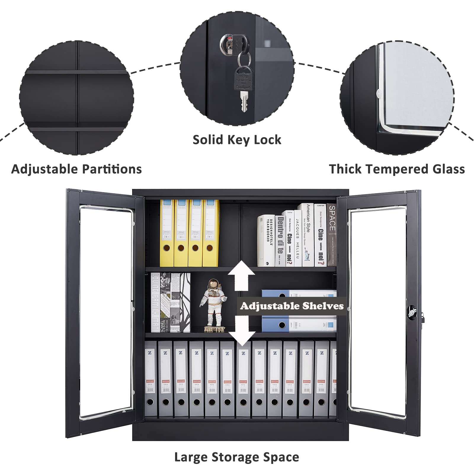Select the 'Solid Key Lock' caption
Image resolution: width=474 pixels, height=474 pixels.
click(x=237, y=140)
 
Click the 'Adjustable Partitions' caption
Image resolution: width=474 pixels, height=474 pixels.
click(x=76, y=169)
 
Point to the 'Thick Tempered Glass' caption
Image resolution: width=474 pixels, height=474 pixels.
click(x=397, y=169)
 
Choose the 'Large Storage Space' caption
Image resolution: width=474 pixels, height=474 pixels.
click(x=236, y=457)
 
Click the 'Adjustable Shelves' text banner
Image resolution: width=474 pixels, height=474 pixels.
click(x=292, y=306)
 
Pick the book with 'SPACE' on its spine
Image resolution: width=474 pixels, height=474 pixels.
click(x=332, y=234)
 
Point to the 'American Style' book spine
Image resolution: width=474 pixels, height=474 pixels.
click(x=308, y=234)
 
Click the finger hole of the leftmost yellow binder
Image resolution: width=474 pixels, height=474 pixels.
click(x=166, y=247)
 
